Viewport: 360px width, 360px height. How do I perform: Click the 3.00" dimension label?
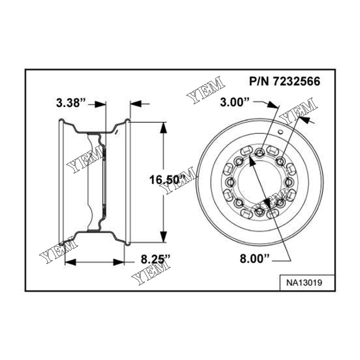pyautogui.click(x=235, y=102)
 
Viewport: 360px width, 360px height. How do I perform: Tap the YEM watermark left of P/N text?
pyautogui.click(x=205, y=90)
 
